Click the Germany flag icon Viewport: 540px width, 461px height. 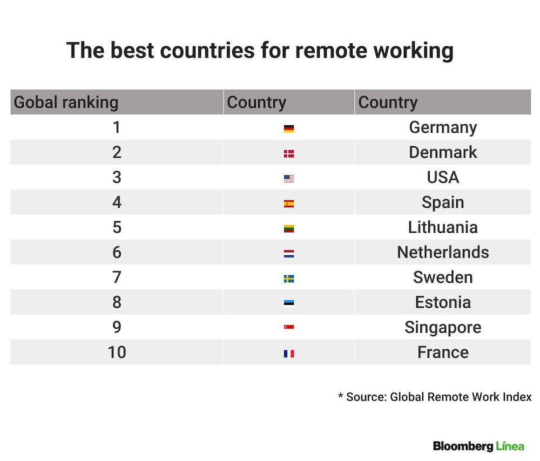pyautogui.click(x=288, y=128)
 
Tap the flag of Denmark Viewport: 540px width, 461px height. pyautogui.click(x=288, y=153)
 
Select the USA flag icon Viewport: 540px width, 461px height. pyautogui.click(x=288, y=179)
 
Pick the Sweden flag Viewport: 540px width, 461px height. pyautogui.click(x=288, y=279)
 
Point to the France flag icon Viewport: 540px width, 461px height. pyautogui.click(x=288, y=354)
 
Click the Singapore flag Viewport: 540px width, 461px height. pyautogui.click(x=288, y=327)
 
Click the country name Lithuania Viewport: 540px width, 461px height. pyautogui.click(x=443, y=227)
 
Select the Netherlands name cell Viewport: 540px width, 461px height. pyautogui.click(x=443, y=252)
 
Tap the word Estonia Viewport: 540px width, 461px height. pyautogui.click(x=443, y=302)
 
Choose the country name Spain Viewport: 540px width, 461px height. pyautogui.click(x=443, y=202)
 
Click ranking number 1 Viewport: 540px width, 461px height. pyautogui.click(x=117, y=127)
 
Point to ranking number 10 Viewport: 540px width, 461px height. pyautogui.click(x=117, y=352)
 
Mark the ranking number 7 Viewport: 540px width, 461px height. pyautogui.click(x=117, y=277)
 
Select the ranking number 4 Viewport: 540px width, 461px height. pyautogui.click(x=117, y=202)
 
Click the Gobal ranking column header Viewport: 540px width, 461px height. pyautogui.click(x=66, y=103)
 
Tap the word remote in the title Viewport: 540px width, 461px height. pyautogui.click(x=332, y=51)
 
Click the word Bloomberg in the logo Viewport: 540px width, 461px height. pyautogui.click(x=463, y=446)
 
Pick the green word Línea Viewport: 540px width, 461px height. pyautogui.click(x=510, y=446)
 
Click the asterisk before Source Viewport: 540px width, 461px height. pyautogui.click(x=341, y=395)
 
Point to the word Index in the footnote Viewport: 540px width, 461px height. pyautogui.click(x=517, y=397)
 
